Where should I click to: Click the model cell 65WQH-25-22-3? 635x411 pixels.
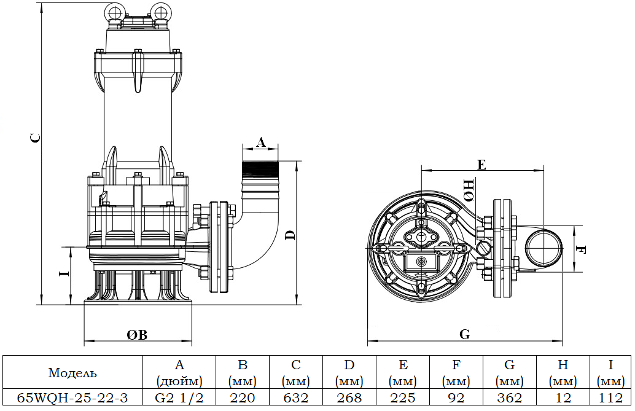(72, 397)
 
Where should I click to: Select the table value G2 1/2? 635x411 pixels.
(179, 397)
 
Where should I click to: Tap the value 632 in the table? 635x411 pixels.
(296, 397)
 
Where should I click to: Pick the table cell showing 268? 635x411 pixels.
(349, 397)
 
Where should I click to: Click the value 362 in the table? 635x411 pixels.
(509, 397)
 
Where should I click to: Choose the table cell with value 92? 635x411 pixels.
(456, 397)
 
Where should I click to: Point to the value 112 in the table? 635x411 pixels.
(610, 397)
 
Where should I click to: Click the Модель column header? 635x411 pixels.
(72, 372)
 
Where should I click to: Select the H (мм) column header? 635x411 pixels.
(563, 372)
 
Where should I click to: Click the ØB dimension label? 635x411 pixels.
(137, 335)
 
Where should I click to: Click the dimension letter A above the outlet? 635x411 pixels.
(260, 143)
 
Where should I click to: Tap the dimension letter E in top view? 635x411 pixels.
(481, 164)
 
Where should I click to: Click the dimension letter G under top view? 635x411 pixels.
(465, 335)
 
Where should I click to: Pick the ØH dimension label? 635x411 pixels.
(469, 190)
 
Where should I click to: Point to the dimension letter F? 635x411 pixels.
(582, 250)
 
